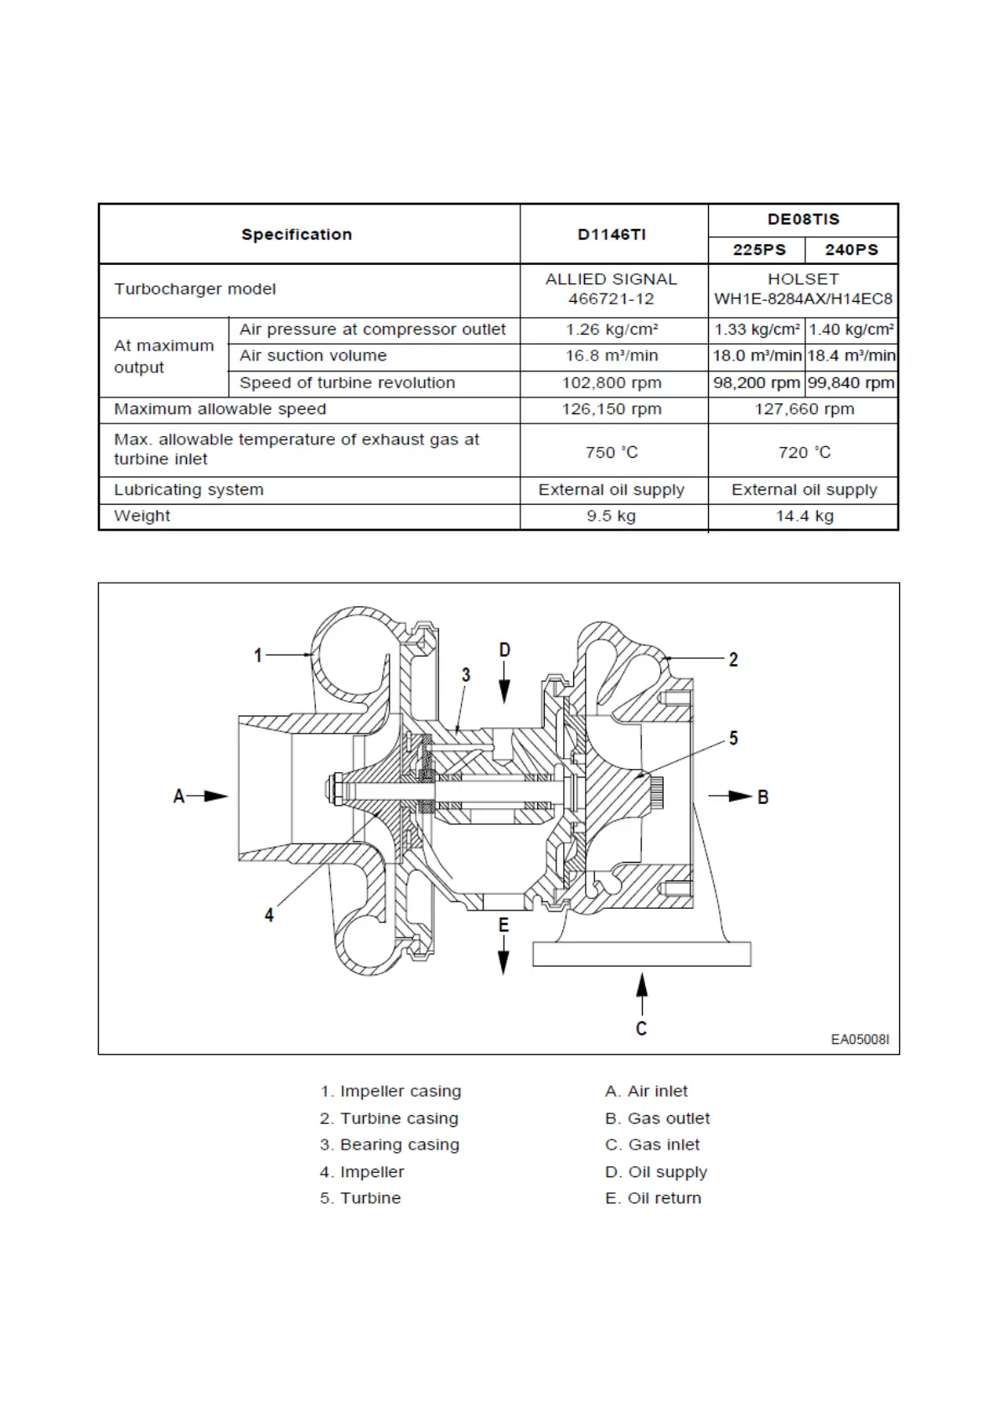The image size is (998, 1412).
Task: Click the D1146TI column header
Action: click(x=612, y=235)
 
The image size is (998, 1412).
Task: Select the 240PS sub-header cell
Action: click(x=851, y=250)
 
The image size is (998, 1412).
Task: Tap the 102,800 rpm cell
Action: click(x=612, y=383)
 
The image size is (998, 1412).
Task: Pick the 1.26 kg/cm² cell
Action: click(x=612, y=330)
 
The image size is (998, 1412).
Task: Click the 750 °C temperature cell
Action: click(x=612, y=453)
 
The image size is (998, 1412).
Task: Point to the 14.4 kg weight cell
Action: click(x=804, y=517)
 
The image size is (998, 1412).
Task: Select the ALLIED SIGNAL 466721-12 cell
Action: click(x=612, y=289)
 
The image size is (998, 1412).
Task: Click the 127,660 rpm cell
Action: click(x=804, y=409)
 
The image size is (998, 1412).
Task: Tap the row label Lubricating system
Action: click(x=189, y=490)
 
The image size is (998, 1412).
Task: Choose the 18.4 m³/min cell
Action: click(x=851, y=356)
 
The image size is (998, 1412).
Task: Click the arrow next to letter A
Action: click(x=213, y=796)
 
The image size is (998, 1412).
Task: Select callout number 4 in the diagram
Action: click(x=269, y=915)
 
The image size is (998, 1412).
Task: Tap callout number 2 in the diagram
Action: click(x=733, y=660)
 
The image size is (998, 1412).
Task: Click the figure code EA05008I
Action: click(x=860, y=1040)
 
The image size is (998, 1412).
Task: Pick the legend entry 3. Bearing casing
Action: click(x=390, y=1145)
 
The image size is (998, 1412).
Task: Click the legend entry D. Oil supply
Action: click(x=656, y=1171)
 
